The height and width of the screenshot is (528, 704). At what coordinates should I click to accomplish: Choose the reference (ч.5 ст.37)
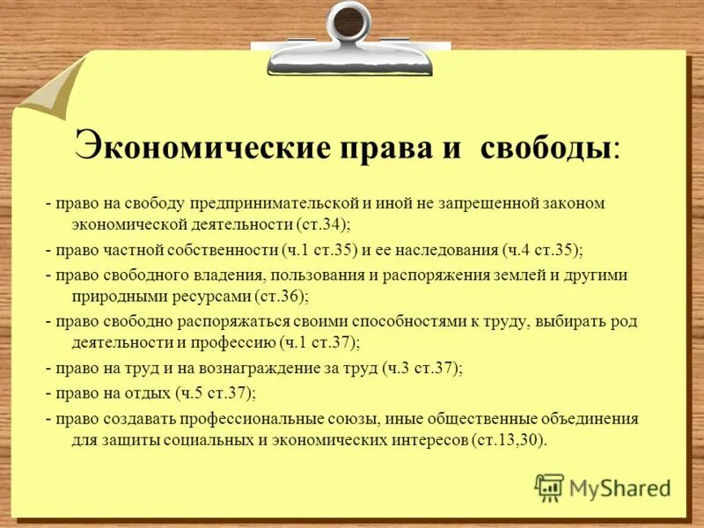tap(216, 392)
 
